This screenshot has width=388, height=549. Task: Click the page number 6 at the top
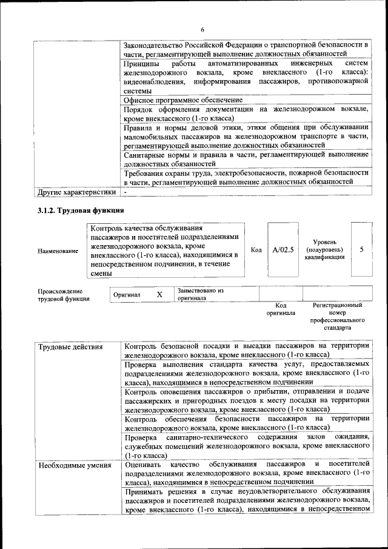(203, 30)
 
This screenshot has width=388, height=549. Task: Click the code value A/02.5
(283, 249)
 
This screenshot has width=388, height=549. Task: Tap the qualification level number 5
(362, 249)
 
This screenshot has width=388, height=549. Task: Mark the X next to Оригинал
(159, 294)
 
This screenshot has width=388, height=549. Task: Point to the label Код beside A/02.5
(256, 250)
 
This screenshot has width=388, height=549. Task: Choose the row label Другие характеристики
(76, 192)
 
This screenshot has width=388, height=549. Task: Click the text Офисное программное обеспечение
(183, 99)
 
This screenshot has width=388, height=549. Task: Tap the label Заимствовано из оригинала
(201, 294)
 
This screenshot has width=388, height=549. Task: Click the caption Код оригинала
(281, 309)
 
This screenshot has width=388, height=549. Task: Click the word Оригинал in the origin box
(127, 295)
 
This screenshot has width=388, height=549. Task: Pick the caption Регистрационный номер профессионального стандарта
(337, 315)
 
